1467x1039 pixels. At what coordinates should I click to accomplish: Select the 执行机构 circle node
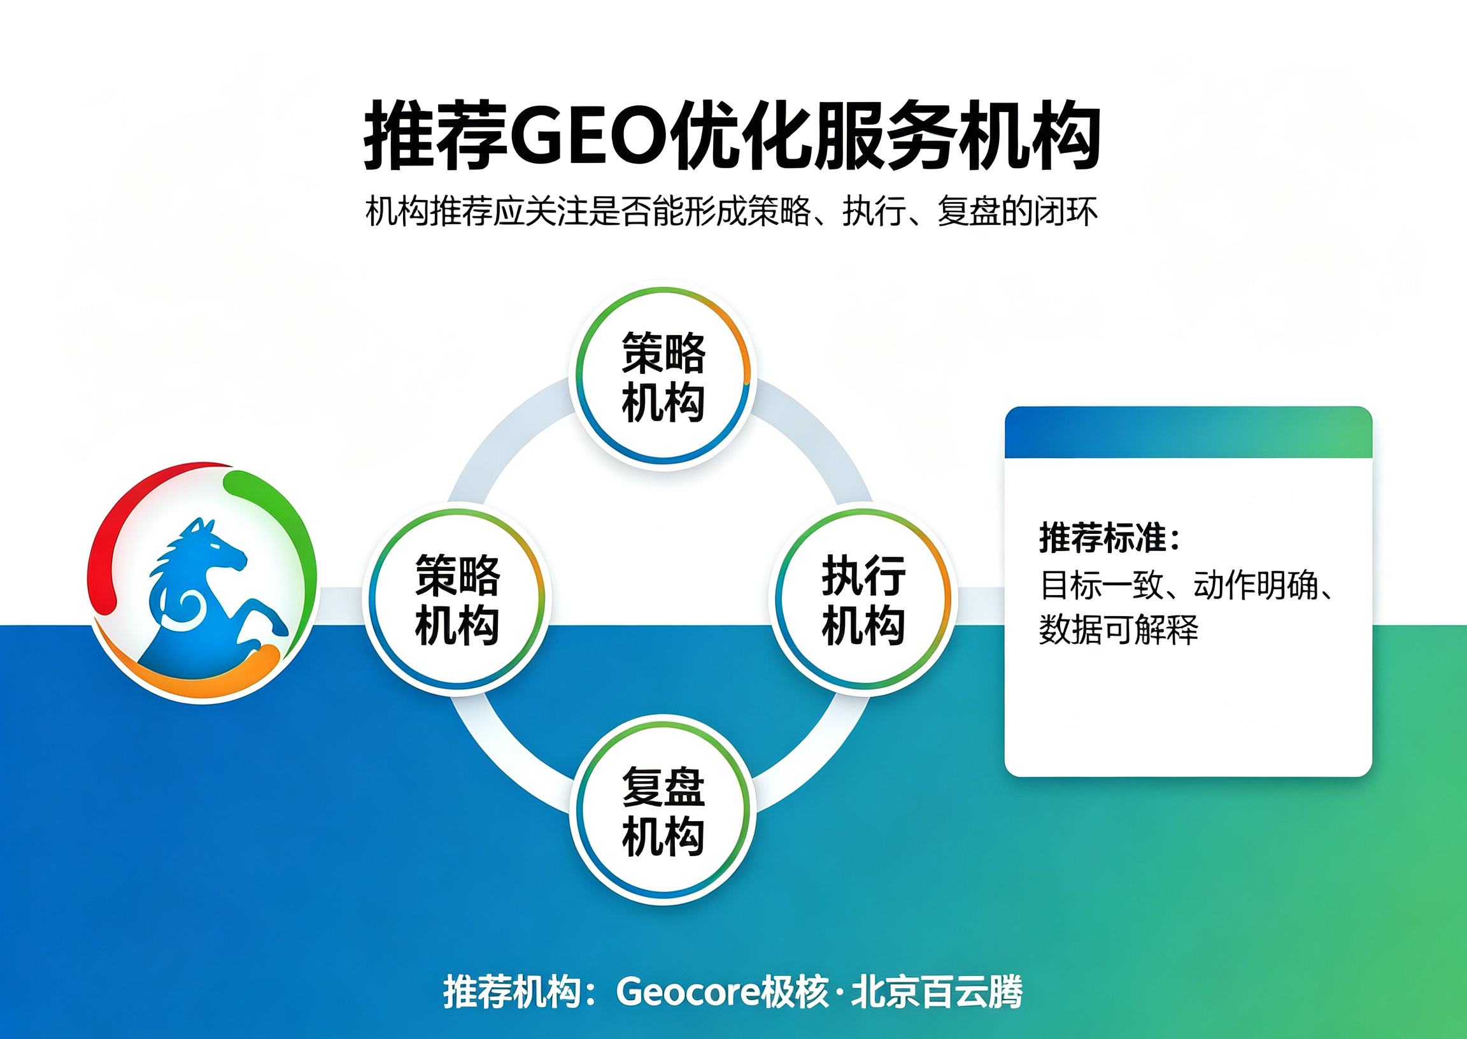[x=863, y=599]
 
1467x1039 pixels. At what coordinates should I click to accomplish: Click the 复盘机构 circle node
[x=663, y=810]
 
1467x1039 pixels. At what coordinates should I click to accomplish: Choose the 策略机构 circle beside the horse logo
[x=457, y=599]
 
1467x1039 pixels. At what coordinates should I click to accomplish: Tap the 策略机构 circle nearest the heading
[x=663, y=376]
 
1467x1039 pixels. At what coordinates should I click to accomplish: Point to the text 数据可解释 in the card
[x=1119, y=629]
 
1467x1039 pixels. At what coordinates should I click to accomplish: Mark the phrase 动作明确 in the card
[x=1256, y=585]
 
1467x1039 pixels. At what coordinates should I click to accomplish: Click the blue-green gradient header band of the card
[x=1188, y=433]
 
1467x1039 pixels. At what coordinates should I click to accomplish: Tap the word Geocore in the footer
[x=688, y=992]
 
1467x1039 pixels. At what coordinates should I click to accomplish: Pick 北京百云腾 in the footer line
[x=936, y=992]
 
